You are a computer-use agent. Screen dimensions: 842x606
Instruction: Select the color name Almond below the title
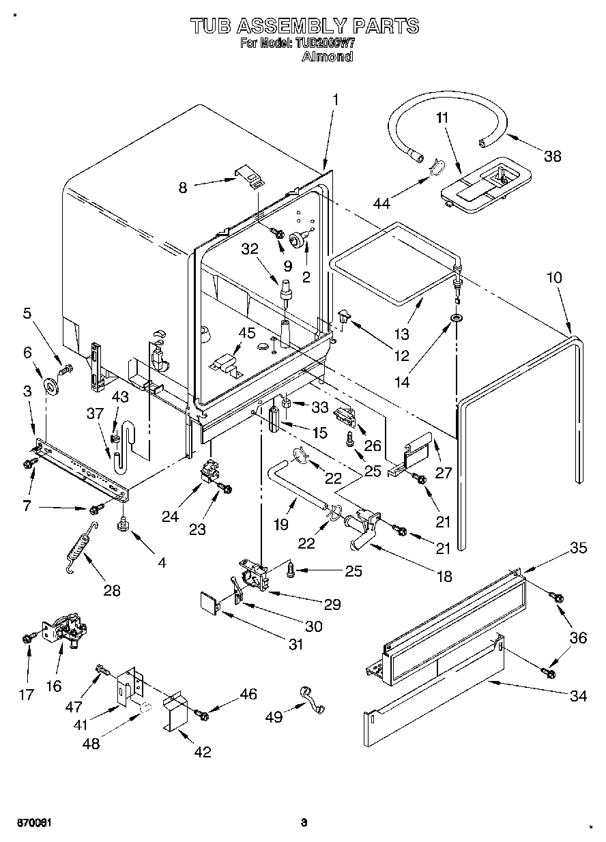327,57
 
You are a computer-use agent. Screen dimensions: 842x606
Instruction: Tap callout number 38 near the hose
552,156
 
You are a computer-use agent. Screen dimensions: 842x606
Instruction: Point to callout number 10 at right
554,278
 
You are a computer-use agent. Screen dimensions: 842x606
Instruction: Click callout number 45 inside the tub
246,334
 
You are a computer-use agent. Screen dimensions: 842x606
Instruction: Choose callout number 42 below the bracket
202,752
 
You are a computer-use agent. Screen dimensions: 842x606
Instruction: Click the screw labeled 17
27,638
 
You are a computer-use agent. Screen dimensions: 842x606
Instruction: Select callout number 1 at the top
335,100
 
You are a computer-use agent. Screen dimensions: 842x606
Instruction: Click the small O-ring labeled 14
454,319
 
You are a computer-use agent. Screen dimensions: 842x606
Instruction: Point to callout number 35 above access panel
579,547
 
